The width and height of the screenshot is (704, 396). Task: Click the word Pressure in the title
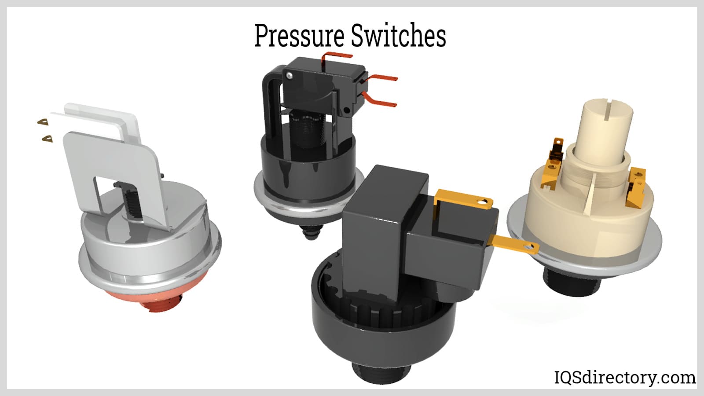(x=299, y=36)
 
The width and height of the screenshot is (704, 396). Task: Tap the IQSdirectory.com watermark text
(x=624, y=377)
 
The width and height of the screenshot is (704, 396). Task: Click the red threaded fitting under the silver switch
(x=164, y=303)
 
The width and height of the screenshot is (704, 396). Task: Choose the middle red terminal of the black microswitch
(x=382, y=78)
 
